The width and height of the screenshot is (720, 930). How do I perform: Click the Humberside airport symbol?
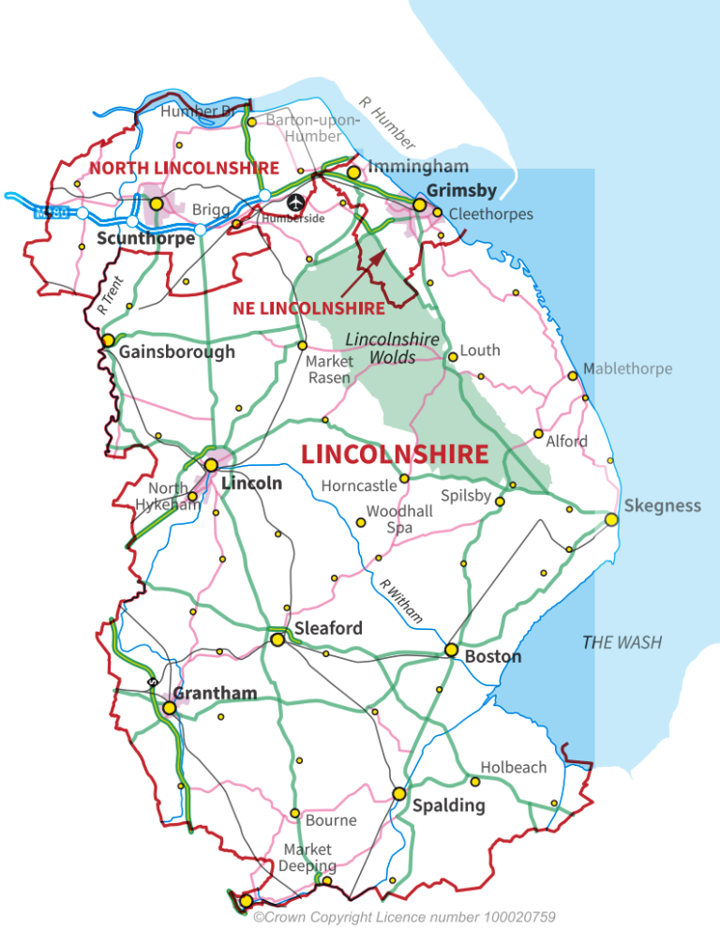tap(295, 202)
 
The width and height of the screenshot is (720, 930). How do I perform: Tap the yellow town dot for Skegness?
tap(611, 519)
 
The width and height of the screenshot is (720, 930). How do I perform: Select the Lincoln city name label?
tap(251, 484)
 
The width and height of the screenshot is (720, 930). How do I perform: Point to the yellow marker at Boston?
tap(451, 650)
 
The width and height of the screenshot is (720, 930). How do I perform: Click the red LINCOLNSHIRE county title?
tap(394, 455)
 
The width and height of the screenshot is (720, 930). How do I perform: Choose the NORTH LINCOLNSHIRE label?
tap(184, 168)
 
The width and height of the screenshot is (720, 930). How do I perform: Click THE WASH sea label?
tap(622, 642)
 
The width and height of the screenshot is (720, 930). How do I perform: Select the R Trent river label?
tap(110, 294)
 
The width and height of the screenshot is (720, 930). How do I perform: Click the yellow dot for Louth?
tap(453, 356)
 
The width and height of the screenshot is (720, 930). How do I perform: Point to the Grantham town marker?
tap(169, 708)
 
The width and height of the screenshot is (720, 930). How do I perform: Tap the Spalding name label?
tap(449, 805)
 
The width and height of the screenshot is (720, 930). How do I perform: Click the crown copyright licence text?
tap(404, 916)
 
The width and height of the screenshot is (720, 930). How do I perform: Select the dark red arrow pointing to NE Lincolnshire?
tap(363, 273)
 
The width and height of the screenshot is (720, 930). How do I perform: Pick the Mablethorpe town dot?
tap(573, 376)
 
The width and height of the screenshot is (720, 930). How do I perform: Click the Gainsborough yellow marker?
tap(109, 339)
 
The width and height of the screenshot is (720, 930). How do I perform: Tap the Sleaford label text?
tap(328, 628)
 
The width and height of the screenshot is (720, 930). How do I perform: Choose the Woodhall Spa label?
tap(399, 519)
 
